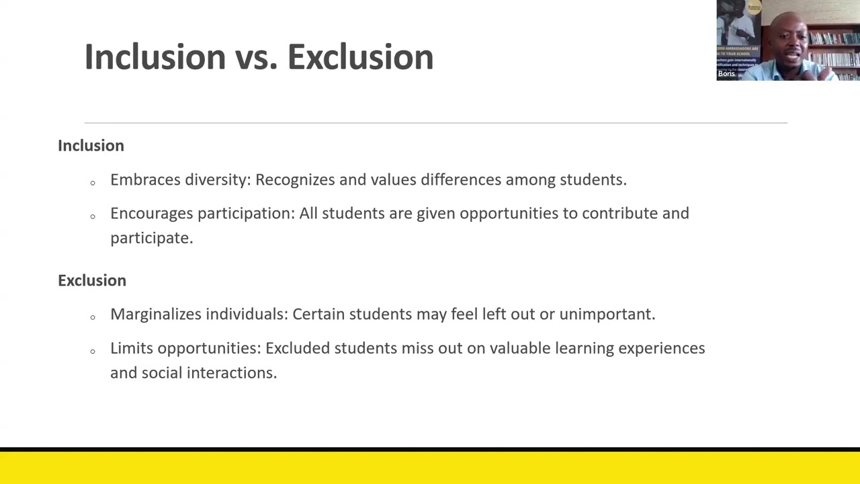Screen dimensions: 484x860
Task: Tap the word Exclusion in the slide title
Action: (x=360, y=56)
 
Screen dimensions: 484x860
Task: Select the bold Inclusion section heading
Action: (x=91, y=146)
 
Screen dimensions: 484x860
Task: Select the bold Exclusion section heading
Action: (x=92, y=280)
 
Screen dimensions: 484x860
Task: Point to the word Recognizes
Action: (x=295, y=180)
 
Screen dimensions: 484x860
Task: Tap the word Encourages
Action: (x=151, y=214)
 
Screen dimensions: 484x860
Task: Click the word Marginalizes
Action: (x=155, y=315)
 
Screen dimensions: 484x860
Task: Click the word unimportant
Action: (x=607, y=315)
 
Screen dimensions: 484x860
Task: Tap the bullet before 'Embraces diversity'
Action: (x=93, y=182)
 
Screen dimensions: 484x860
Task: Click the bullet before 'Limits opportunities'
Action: (x=93, y=351)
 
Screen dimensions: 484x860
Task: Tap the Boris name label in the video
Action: (x=726, y=74)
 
